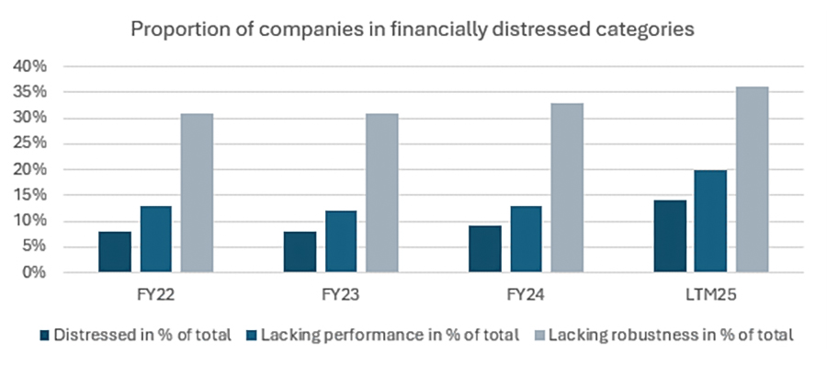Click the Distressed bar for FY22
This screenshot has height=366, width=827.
(x=115, y=252)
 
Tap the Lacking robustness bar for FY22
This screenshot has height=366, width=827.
(x=197, y=193)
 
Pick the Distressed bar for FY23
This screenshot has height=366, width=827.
(x=300, y=252)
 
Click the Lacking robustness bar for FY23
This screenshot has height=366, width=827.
(x=381, y=193)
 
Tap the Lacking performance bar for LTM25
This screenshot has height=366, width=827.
(x=710, y=222)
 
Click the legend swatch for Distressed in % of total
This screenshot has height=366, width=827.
(x=45, y=335)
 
